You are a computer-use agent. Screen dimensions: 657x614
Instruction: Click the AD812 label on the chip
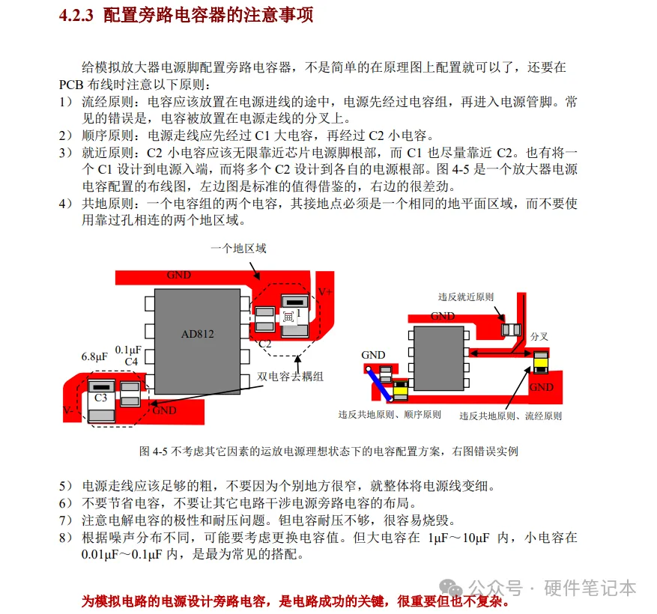[x=197, y=333]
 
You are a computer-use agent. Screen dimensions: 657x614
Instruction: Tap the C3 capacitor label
[x=100, y=398]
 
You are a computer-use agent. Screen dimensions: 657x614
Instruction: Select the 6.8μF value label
[x=95, y=357]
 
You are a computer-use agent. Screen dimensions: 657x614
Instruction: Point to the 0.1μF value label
[x=129, y=350]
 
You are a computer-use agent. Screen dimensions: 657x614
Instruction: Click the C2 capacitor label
[x=264, y=344]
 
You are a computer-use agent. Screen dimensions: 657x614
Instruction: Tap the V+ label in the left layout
[x=325, y=292]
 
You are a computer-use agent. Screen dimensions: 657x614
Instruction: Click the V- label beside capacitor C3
[x=68, y=410]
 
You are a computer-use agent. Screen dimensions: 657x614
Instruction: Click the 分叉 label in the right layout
[x=539, y=336]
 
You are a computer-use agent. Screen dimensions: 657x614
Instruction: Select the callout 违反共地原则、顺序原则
[x=390, y=415]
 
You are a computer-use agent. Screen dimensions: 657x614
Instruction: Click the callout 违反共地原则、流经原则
[x=510, y=416]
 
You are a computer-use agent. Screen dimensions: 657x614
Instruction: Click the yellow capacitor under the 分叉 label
[x=539, y=364]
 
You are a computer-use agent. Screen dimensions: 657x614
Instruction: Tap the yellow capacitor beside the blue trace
[x=401, y=388]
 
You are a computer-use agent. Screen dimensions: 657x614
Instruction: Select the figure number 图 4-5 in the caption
[x=154, y=452]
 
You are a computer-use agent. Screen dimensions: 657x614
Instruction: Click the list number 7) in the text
[x=65, y=520]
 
